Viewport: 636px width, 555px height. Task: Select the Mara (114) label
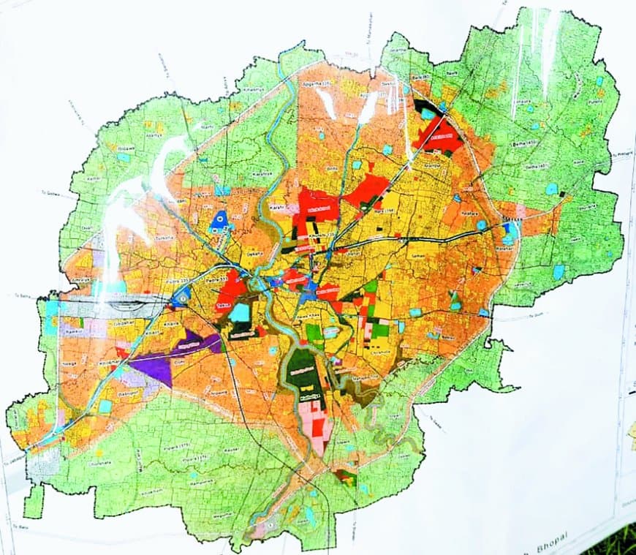387,212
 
